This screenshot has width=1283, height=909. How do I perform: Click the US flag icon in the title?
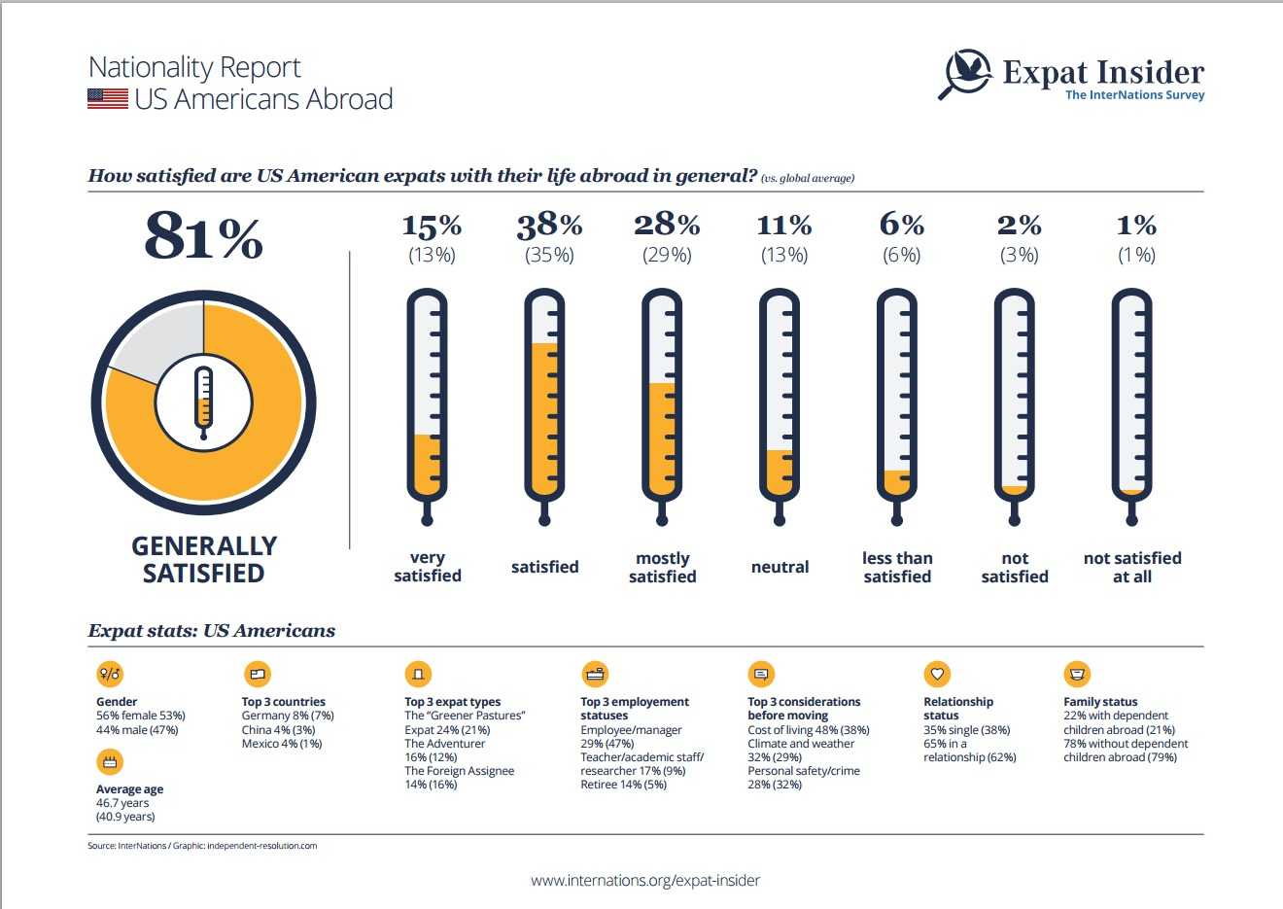pyautogui.click(x=108, y=98)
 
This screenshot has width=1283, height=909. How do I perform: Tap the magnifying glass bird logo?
pyautogui.click(x=965, y=74)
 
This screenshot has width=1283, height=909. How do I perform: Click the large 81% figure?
pyautogui.click(x=203, y=237)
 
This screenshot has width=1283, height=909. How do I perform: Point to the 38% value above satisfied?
pyautogui.click(x=549, y=226)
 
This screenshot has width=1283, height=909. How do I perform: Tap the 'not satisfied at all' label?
pyautogui.click(x=1132, y=567)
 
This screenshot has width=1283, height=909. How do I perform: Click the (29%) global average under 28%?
pyautogui.click(x=667, y=256)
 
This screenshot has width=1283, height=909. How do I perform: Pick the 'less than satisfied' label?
pyautogui.click(x=897, y=567)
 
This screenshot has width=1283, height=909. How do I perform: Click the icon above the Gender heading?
pyautogui.click(x=110, y=673)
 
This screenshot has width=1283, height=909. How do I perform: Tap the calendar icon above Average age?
pyautogui.click(x=110, y=761)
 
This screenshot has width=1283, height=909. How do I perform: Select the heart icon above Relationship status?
pyautogui.click(x=937, y=673)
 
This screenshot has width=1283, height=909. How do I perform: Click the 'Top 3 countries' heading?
pyautogui.click(x=284, y=701)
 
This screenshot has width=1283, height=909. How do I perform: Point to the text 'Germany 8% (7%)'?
pyautogui.click(x=288, y=716)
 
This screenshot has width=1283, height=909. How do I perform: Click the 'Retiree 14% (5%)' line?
pyautogui.click(x=623, y=785)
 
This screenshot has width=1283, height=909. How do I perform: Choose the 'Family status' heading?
pyautogui.click(x=1100, y=701)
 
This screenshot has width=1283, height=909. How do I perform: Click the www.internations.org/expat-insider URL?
pyautogui.click(x=645, y=881)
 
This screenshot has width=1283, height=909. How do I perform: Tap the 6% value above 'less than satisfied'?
pyautogui.click(x=901, y=226)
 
